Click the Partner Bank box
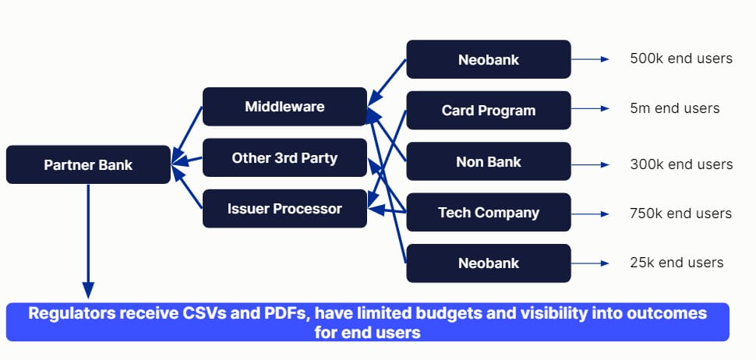pyautogui.click(x=88, y=165)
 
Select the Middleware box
pyautogui.click(x=284, y=107)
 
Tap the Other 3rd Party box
pyautogui.click(x=284, y=157)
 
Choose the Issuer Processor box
pyautogui.click(x=284, y=209)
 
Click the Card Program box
pyautogui.click(x=489, y=111)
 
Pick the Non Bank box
pyautogui.click(x=489, y=161)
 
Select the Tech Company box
pyautogui.click(x=489, y=213)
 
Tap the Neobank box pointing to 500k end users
pyautogui.click(x=489, y=59)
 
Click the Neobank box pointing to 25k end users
pyautogui.click(x=489, y=263)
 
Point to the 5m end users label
pyautogui.click(x=674, y=108)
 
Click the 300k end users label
pyautogui.click(x=681, y=164)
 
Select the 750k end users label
pyautogui.click(x=680, y=214)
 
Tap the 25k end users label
pyautogui.click(x=677, y=263)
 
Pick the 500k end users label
pyautogui.click(x=681, y=58)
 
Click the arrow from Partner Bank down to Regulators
pyautogui.click(x=88, y=241)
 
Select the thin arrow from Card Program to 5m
pyautogui.click(x=590, y=108)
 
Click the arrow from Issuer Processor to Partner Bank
pyautogui.click(x=187, y=187)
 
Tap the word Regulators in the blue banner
pyautogui.click(x=72, y=313)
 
